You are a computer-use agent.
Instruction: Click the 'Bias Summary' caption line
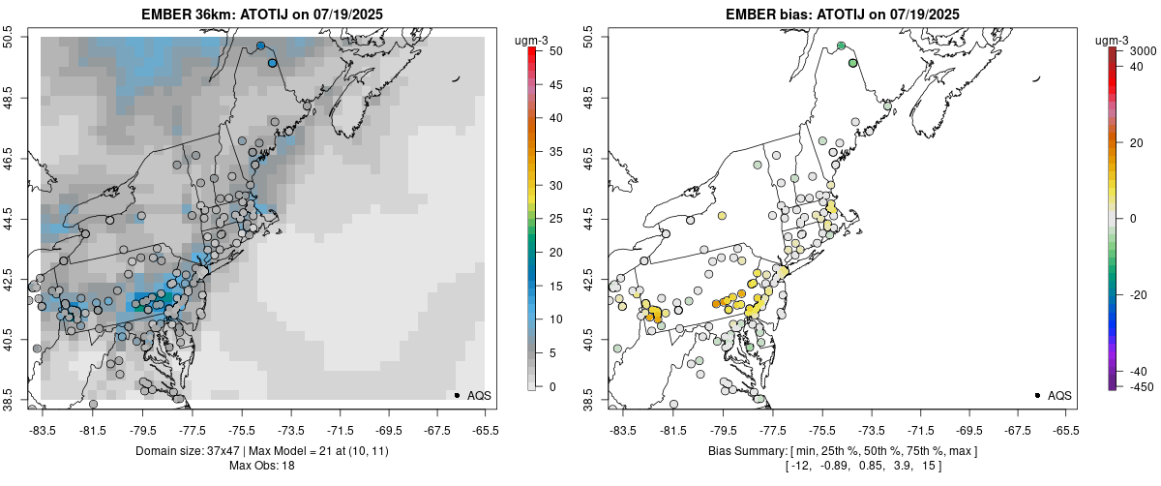click(842, 451)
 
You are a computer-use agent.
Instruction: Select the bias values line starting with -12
click(842, 466)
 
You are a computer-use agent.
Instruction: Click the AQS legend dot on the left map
click(457, 395)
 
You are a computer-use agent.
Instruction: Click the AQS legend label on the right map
click(1059, 395)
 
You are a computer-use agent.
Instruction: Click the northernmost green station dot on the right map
click(841, 46)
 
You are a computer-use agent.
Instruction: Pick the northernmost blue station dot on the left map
click(260, 46)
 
